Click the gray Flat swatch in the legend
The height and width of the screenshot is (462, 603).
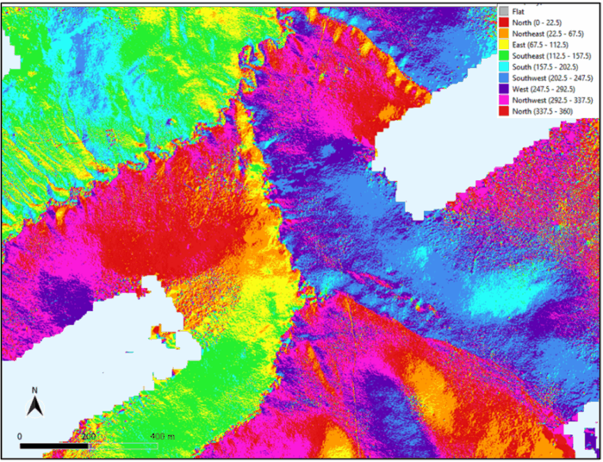click(x=504, y=10)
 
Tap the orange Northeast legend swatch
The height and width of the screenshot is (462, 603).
click(x=504, y=32)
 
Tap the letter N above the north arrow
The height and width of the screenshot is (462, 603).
click(x=34, y=390)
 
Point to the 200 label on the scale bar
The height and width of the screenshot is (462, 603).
click(x=89, y=437)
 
